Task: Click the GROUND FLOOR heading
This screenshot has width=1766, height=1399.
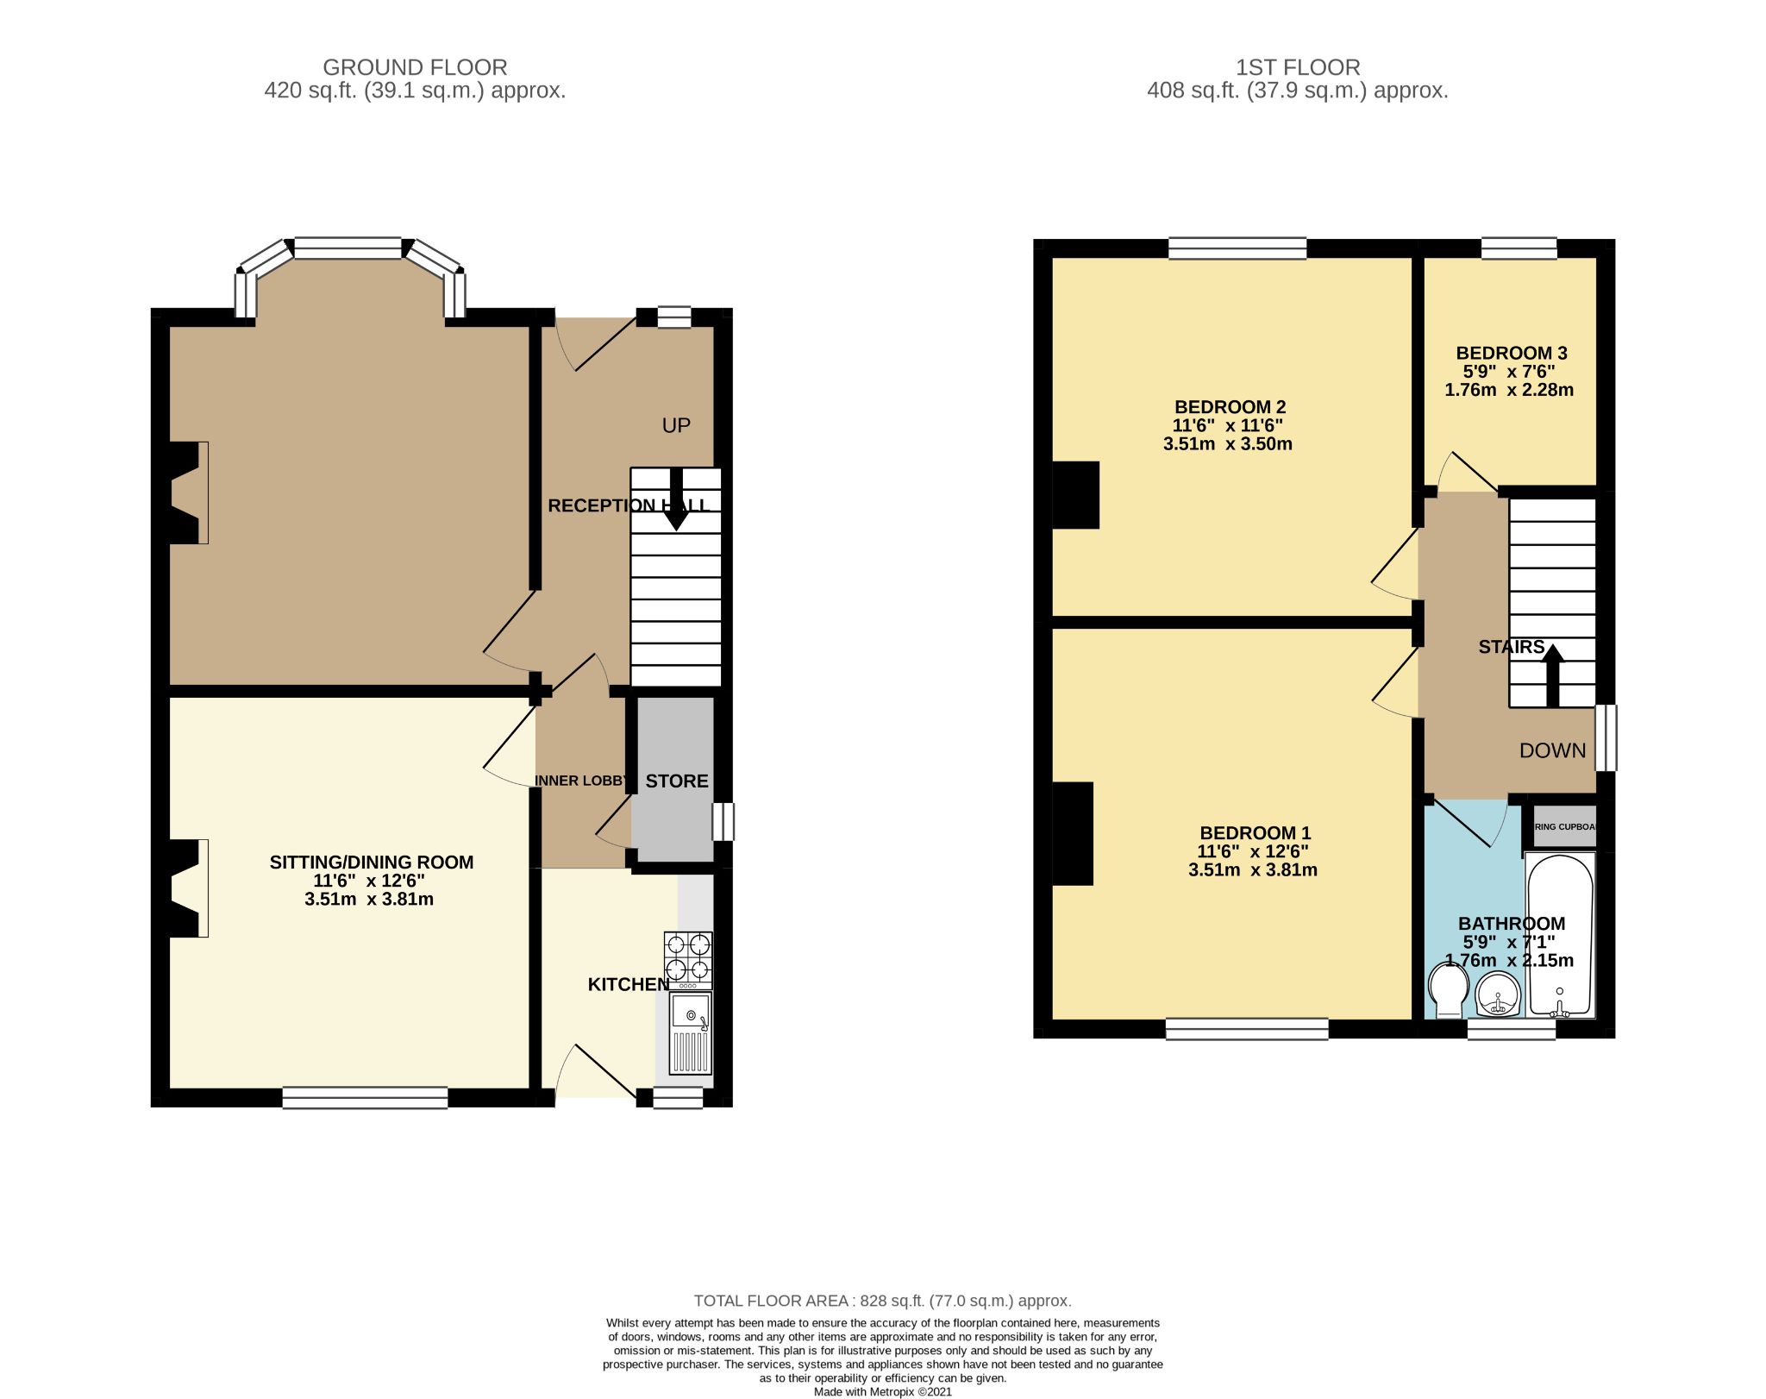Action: (415, 67)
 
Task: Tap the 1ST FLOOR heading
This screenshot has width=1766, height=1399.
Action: (1297, 67)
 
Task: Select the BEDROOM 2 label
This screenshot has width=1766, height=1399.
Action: (1230, 407)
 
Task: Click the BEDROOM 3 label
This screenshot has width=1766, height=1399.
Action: (1511, 353)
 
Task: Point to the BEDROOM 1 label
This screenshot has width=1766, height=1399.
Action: (1255, 833)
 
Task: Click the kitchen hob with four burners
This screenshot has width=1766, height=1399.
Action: (688, 960)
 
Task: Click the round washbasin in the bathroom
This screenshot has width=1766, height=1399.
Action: (1499, 994)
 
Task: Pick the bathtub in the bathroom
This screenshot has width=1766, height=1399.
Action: (1560, 936)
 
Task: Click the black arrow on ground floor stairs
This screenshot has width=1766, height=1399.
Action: (676, 500)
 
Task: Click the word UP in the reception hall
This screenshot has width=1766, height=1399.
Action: (676, 425)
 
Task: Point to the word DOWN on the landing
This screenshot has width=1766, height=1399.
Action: (1552, 750)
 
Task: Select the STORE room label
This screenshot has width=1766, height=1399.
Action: (677, 781)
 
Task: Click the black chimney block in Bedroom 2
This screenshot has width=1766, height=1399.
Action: (1075, 495)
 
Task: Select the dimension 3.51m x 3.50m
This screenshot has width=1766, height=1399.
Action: (1227, 444)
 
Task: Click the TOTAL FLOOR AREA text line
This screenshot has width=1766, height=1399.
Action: (882, 1301)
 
